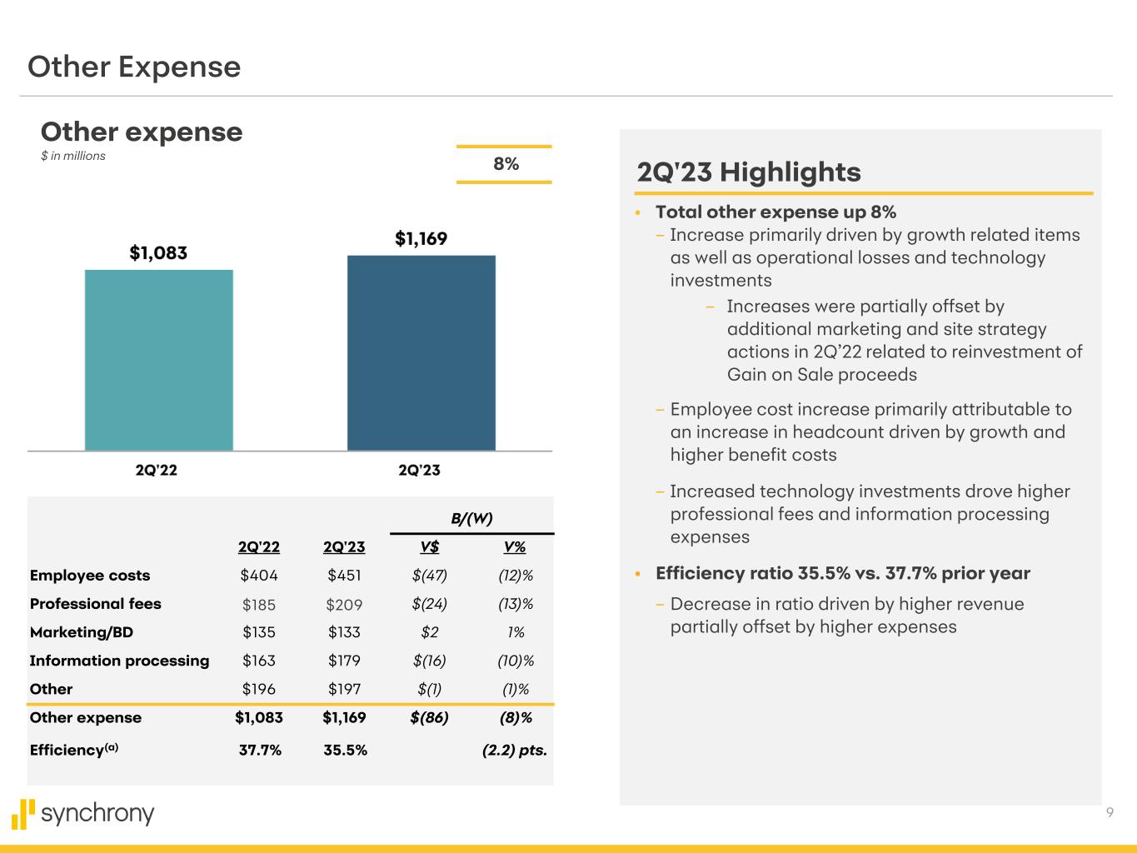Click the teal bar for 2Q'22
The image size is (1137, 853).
point(158,360)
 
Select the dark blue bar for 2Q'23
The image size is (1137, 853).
point(421,352)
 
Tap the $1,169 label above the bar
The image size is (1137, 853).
point(421,239)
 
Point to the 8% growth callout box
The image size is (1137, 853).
point(505,164)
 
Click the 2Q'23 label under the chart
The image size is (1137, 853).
point(419,470)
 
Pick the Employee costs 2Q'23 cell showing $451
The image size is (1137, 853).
point(344,576)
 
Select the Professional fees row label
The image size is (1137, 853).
point(95,604)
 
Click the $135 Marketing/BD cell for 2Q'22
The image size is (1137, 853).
point(258,632)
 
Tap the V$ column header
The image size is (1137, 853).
point(429,547)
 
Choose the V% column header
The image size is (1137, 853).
point(515,547)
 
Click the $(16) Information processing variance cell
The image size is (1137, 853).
point(429,661)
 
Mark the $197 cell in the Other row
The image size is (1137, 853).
point(344,689)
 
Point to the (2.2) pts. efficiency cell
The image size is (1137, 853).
point(514,750)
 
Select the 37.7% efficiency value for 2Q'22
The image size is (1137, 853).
point(260,750)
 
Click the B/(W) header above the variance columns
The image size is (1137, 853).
point(471,518)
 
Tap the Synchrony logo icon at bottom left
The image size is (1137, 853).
point(23,814)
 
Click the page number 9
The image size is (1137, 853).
point(1110,813)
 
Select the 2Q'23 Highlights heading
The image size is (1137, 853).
point(748,172)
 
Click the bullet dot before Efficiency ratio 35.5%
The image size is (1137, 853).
point(638,574)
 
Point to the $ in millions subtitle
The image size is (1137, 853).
point(73,156)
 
